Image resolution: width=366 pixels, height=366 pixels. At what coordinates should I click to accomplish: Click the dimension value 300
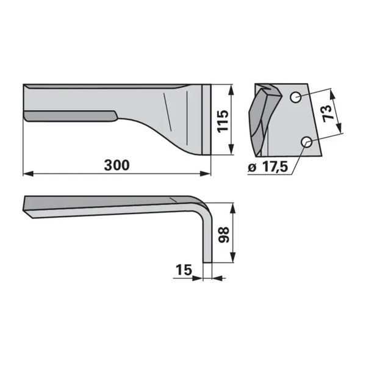117,165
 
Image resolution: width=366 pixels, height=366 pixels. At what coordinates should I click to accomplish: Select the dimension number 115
223,121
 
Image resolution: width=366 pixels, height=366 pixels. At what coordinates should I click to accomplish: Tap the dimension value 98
224,235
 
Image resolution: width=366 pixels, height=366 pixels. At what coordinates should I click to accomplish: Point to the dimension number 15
184,270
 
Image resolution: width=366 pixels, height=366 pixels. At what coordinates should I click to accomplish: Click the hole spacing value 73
327,113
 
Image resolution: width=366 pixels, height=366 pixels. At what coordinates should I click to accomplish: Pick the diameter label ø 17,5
268,167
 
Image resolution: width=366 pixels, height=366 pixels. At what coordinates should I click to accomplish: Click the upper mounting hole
296,97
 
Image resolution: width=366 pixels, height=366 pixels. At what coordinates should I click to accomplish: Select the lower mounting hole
307,142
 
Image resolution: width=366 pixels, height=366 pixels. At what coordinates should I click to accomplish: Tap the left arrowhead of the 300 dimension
28,174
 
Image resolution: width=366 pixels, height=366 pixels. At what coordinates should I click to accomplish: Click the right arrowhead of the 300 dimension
206,174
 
